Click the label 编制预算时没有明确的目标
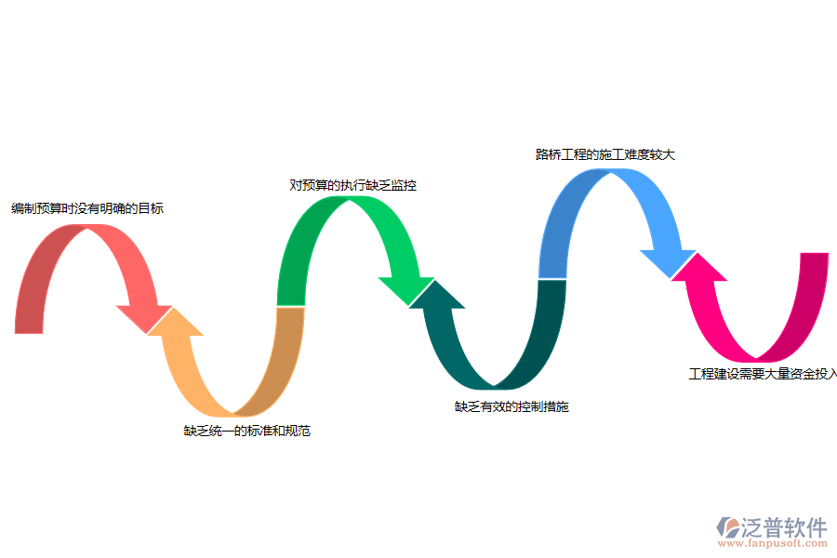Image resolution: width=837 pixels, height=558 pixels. coord(87,208)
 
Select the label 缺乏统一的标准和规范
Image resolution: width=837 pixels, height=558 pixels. coord(246,431)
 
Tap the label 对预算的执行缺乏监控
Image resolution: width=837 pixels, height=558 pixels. coord(352,185)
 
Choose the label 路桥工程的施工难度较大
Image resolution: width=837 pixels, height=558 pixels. coord(604,154)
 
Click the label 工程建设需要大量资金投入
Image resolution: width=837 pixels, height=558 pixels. coord(763,374)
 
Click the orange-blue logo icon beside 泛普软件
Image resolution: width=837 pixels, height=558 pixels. coord(727,528)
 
